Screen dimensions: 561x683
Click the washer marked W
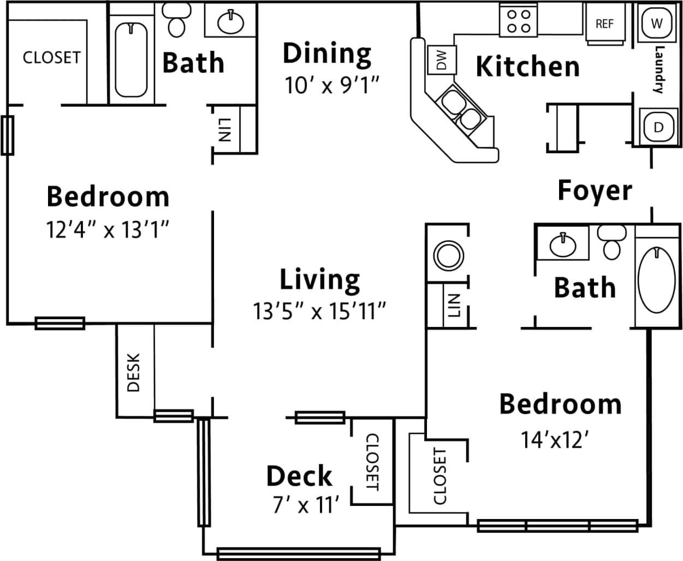pyautogui.click(x=657, y=23)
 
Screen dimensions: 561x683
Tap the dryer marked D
pyautogui.click(x=658, y=127)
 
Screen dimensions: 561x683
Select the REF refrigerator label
pyautogui.click(x=604, y=24)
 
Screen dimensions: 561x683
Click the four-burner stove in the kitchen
pyautogui.click(x=518, y=21)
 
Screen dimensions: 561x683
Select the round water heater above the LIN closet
pyautogui.click(x=448, y=255)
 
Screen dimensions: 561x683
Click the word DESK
pyautogui.click(x=134, y=372)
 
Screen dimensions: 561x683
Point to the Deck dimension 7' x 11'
pyautogui.click(x=306, y=505)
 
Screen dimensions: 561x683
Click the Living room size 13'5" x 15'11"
pyautogui.click(x=319, y=312)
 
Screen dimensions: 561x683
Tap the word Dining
pyautogui.click(x=327, y=53)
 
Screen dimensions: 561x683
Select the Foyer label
pyautogui.click(x=595, y=190)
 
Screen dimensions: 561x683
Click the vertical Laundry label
pyautogui.click(x=660, y=70)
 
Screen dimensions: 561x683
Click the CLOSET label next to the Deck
pyautogui.click(x=372, y=462)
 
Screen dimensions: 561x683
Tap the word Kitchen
pyautogui.click(x=527, y=67)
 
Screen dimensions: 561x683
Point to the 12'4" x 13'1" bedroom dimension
pyautogui.click(x=108, y=230)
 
